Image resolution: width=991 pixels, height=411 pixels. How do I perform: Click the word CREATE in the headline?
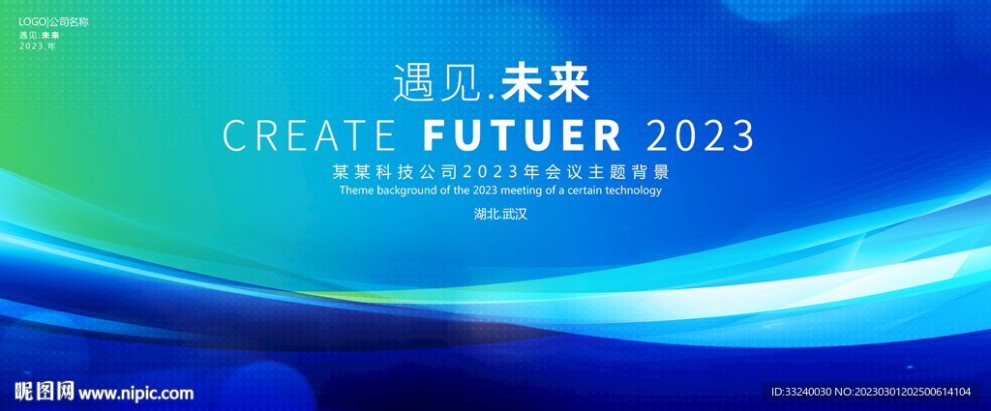coord(310,134)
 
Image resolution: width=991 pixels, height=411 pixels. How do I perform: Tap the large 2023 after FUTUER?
coord(701,134)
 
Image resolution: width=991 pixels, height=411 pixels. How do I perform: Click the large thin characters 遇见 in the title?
coord(436,84)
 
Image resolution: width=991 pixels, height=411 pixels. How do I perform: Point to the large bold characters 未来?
coord(545,84)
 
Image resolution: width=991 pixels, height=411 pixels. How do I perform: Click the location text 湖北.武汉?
coord(500,214)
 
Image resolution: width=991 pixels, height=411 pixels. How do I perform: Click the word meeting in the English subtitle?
coord(506,191)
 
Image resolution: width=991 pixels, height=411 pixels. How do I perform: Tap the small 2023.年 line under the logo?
coord(38,46)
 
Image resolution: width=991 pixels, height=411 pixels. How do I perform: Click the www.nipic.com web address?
coord(135,393)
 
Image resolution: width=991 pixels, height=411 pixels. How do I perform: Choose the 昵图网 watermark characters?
coord(45,392)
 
